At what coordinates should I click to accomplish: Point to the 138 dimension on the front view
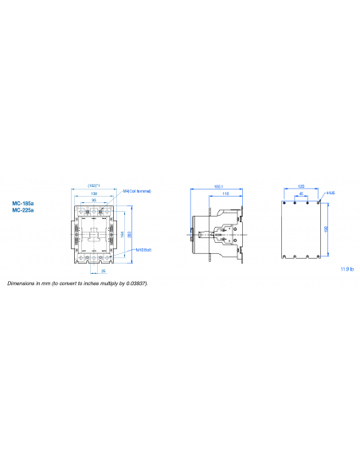click(x=95, y=193)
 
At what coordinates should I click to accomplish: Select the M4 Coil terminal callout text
click(x=137, y=191)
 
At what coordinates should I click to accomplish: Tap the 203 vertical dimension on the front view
click(x=129, y=232)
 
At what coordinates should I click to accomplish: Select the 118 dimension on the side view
click(x=227, y=193)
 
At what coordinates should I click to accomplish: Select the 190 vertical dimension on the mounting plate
click(x=324, y=229)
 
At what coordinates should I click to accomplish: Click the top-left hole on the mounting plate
click(x=285, y=201)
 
